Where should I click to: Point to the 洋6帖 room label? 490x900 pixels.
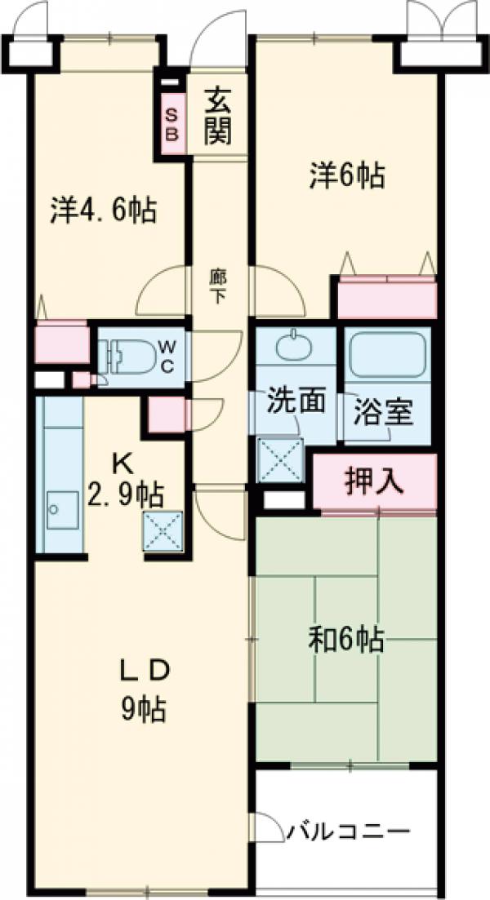coord(347,175)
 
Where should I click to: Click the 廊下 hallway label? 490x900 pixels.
coord(217,286)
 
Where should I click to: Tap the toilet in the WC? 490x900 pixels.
coord(122,357)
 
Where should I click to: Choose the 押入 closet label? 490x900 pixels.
coord(373,480)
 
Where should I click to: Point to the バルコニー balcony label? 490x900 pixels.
coord(347,832)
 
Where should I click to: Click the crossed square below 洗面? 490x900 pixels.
coord(280,459)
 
